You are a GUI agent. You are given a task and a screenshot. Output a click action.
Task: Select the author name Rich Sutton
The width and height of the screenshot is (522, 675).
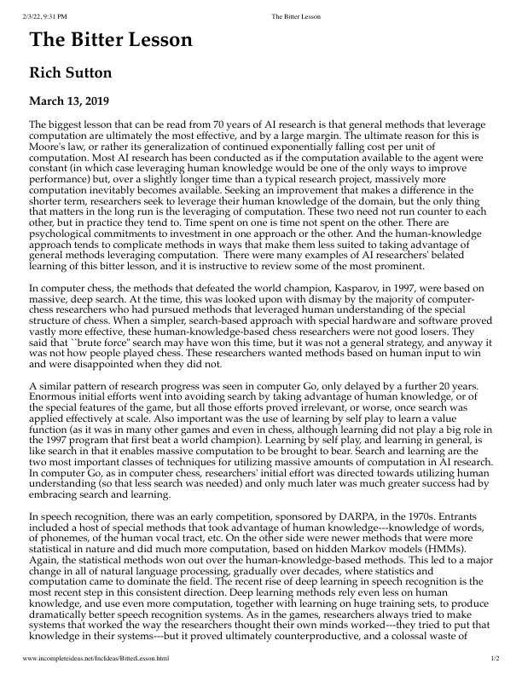pyautogui.click(x=69, y=73)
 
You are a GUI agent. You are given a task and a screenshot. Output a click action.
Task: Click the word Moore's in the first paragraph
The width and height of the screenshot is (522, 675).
pyautogui.click(x=49, y=147)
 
